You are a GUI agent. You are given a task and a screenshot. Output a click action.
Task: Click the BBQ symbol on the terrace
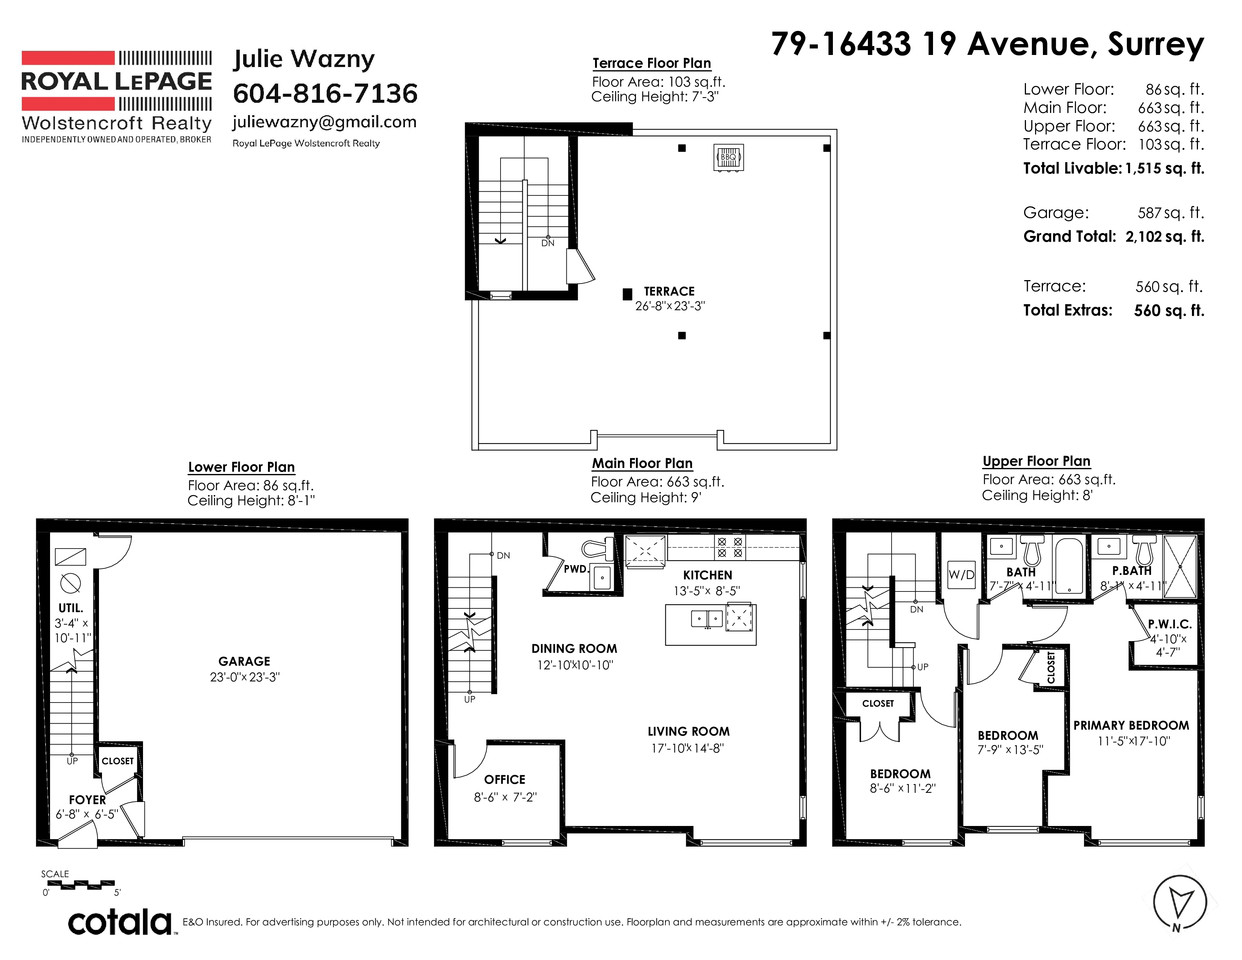click(729, 157)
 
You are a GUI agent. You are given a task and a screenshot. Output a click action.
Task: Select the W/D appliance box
click(962, 574)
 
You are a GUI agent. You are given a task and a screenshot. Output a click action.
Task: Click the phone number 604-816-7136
click(325, 93)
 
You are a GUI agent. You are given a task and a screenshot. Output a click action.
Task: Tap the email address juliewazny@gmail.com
click(324, 122)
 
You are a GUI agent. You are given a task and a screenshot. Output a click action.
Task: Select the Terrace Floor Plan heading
click(652, 63)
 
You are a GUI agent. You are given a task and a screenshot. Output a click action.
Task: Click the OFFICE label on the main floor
click(504, 780)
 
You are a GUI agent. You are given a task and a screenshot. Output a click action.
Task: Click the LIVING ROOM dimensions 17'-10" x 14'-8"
click(688, 748)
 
